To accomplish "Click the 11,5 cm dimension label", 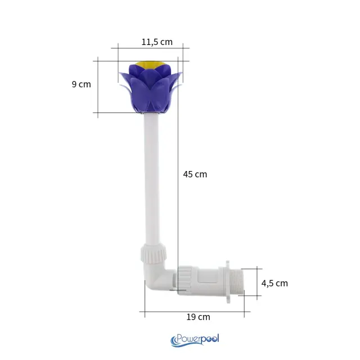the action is pos(157,42).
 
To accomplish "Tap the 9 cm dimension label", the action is pos(81,84).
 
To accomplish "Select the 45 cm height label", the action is pos(195,174).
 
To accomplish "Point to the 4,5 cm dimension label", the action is pos(274,283).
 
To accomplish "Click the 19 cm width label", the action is pos(198,317).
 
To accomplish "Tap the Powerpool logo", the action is pos(195,340).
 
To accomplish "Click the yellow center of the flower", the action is pos(150,65).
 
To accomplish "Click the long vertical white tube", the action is pos(152,179).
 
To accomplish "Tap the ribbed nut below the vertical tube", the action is pos(154,254).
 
